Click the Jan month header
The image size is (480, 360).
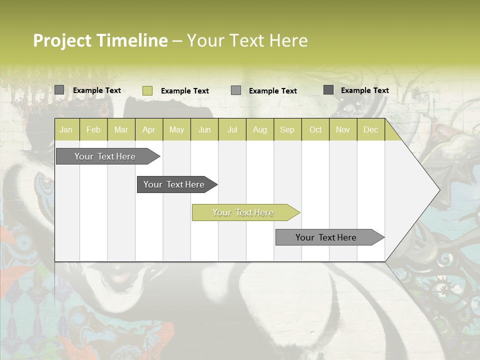point(66,129)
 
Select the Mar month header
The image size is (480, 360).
point(121,129)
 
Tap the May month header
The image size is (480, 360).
point(176,129)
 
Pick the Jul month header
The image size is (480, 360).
point(232,129)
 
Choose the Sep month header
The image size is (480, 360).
point(287,129)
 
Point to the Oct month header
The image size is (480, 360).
point(315,129)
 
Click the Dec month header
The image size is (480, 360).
point(370,129)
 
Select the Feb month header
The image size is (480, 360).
point(93,129)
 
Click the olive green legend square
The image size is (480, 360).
point(147,90)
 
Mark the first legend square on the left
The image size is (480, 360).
point(59,90)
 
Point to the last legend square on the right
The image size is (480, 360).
point(328,90)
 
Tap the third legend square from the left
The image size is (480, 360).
point(236,90)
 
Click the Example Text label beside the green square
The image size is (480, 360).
point(185,91)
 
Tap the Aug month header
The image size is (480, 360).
point(260,129)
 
